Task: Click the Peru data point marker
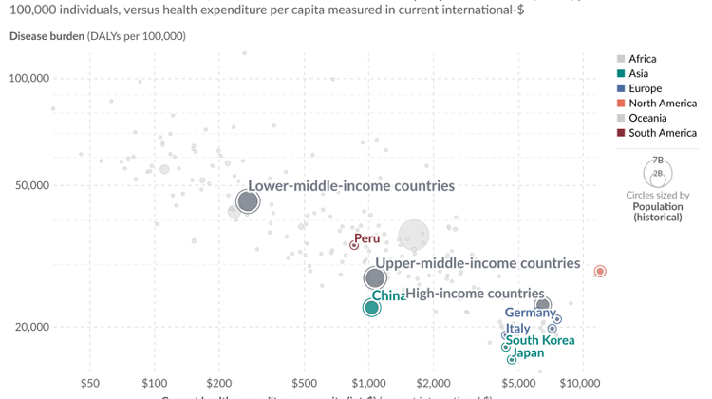coord(354,245)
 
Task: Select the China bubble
coord(371,307)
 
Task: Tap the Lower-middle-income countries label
coord(351,186)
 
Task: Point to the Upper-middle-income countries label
coord(478,263)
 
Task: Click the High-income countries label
coord(476,294)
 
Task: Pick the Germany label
coord(530,313)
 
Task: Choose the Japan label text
coord(528,353)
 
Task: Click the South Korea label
coord(539,340)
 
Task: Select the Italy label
coord(518,329)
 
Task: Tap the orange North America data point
coord(600,272)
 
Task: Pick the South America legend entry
coord(663,133)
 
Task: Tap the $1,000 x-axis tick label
coord(368,384)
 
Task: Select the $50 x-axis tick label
coord(90,384)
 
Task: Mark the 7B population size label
coord(657,161)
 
